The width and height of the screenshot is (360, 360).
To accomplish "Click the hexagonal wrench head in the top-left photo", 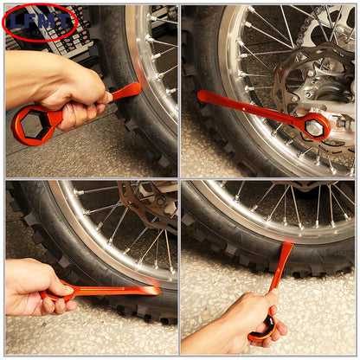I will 33,125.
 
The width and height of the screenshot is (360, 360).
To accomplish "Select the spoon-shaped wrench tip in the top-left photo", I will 127,89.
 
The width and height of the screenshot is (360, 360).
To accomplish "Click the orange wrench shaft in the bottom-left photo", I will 104,291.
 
